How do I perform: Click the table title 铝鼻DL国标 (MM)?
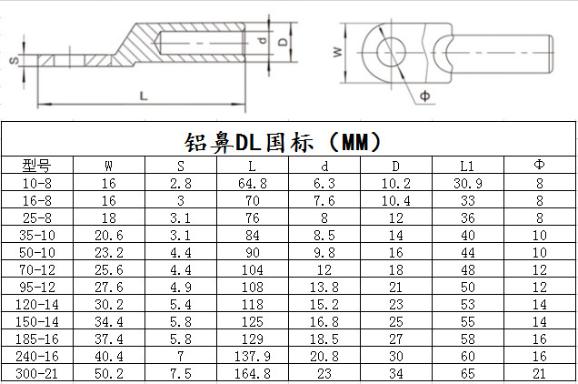[x=283, y=142]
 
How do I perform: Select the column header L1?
[x=467, y=166]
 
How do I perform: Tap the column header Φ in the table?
[x=539, y=165]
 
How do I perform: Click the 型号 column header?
[x=36, y=166]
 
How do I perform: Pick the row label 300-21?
[x=37, y=374]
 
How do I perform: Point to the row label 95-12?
[x=37, y=287]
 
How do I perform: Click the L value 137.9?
[x=253, y=357]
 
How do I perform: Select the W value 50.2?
[x=109, y=374]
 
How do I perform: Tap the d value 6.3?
[x=324, y=183]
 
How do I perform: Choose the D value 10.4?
[x=396, y=200]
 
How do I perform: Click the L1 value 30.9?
[x=468, y=183]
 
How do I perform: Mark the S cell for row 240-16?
[x=181, y=357]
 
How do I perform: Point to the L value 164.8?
[x=253, y=374]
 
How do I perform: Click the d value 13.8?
[x=324, y=287]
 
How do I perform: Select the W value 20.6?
[x=109, y=235]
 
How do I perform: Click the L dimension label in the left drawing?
[x=144, y=96]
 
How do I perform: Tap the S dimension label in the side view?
[x=14, y=60]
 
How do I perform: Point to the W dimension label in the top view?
[x=338, y=52]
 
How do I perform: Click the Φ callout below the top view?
[x=424, y=96]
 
